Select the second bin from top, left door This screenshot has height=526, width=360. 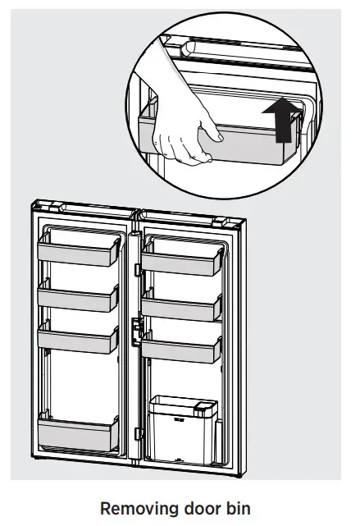tap(79, 298)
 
